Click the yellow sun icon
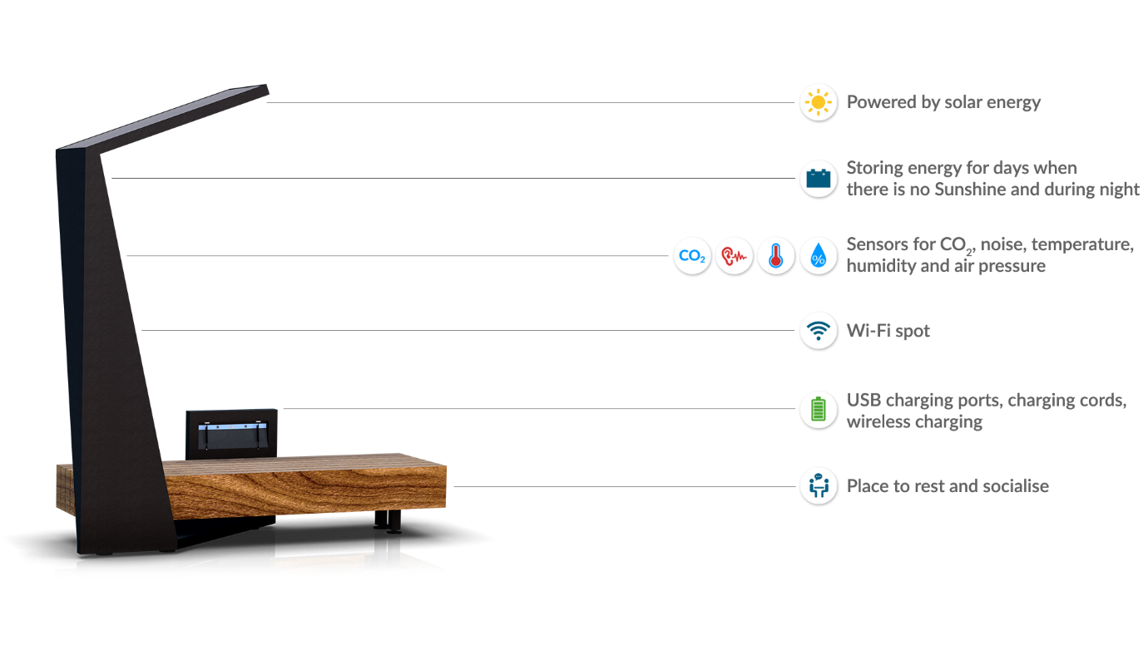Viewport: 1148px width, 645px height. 819,103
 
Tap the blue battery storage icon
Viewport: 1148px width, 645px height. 819,179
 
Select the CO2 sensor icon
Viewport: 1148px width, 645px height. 692,256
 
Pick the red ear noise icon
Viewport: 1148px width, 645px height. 735,256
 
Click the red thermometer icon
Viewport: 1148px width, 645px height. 776,256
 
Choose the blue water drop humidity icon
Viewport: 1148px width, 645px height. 819,256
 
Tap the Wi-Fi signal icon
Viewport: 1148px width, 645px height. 819,331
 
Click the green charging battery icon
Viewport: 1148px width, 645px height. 819,410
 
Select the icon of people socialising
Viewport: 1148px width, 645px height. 819,486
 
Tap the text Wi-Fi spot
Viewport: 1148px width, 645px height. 888,331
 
